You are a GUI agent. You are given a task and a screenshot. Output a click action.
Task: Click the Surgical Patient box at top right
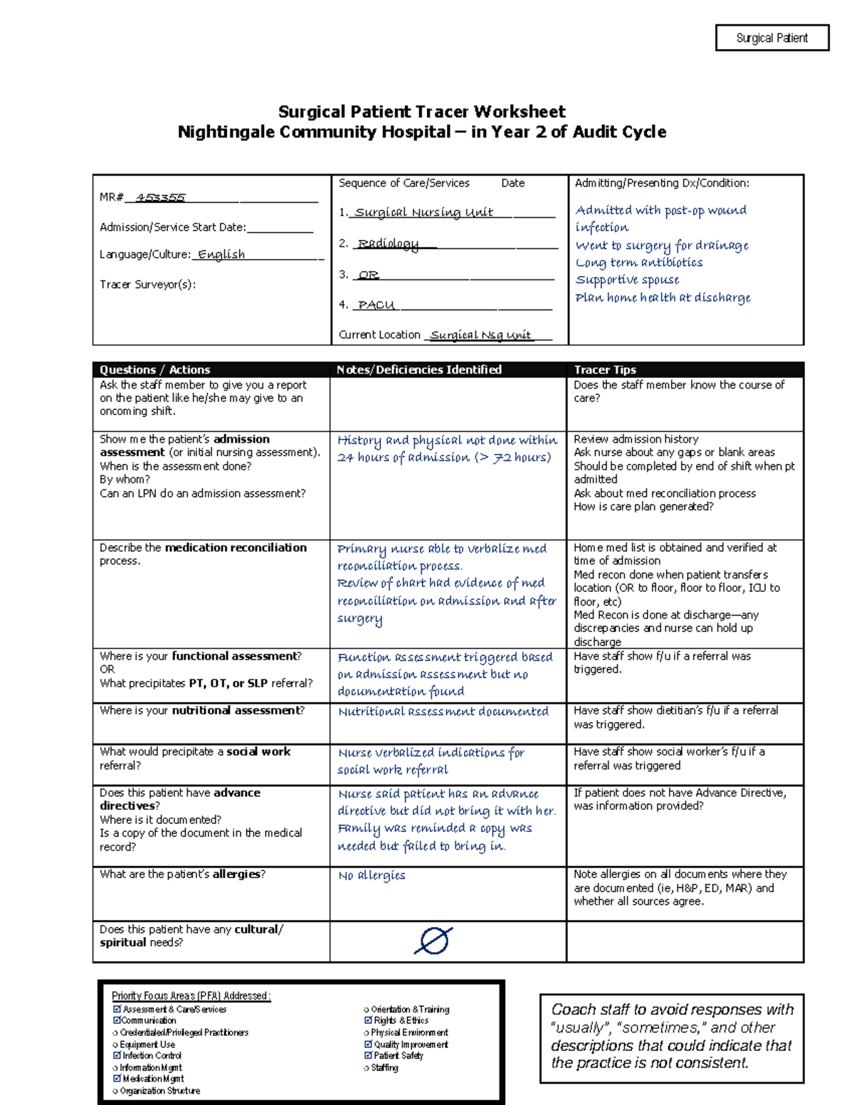[772, 38]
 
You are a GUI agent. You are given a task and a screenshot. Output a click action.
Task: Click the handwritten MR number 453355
[161, 197]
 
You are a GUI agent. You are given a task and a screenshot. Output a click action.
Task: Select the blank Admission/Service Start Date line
[280, 228]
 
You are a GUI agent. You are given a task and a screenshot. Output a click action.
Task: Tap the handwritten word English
[221, 255]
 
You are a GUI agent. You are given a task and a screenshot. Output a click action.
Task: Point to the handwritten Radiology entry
[388, 244]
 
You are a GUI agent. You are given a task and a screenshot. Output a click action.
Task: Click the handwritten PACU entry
[376, 305]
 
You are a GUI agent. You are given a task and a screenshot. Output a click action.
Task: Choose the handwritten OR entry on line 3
[369, 275]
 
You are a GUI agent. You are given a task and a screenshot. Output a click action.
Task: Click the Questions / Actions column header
[155, 370]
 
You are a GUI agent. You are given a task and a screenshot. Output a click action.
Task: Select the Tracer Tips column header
[605, 370]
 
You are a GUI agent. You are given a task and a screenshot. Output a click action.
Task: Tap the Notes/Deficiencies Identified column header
[419, 370]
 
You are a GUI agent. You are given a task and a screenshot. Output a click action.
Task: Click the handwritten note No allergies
[371, 876]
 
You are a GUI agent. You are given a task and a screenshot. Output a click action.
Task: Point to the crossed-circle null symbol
[433, 941]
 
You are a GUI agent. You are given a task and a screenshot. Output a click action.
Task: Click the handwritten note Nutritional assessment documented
[443, 712]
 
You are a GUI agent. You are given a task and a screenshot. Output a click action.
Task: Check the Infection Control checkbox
[117, 1056]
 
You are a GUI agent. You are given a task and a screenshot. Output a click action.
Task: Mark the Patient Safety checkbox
[368, 1056]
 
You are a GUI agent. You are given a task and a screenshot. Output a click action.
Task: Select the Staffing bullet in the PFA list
[367, 1068]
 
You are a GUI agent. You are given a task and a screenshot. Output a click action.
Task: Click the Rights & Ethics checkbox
[368, 1020]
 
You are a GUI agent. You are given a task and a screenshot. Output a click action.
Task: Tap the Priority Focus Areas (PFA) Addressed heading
[191, 996]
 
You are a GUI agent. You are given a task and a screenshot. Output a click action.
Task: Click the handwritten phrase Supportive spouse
[627, 280]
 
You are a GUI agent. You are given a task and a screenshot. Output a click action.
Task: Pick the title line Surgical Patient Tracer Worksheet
[421, 112]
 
